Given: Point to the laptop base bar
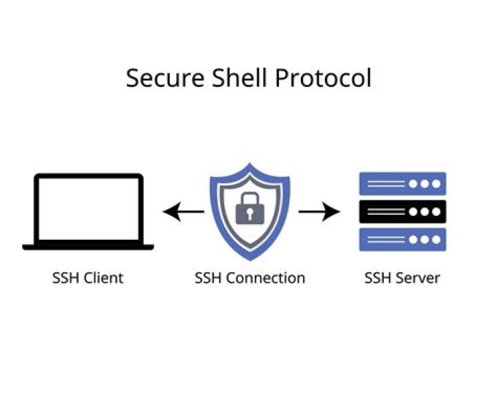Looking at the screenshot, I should point(88,246).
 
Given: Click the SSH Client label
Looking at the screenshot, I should point(88,278).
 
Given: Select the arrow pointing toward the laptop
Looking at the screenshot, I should point(183,212).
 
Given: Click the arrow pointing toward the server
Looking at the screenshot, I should point(320,212).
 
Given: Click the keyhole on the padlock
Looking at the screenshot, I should point(249,213).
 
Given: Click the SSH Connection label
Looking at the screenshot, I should point(249,278).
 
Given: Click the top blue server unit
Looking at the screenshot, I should point(402,184).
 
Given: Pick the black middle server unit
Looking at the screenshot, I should point(402,212).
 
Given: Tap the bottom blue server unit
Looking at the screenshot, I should point(402,239).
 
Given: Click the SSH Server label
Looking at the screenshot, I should point(402,278).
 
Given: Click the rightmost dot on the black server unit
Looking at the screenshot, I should point(435,212).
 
